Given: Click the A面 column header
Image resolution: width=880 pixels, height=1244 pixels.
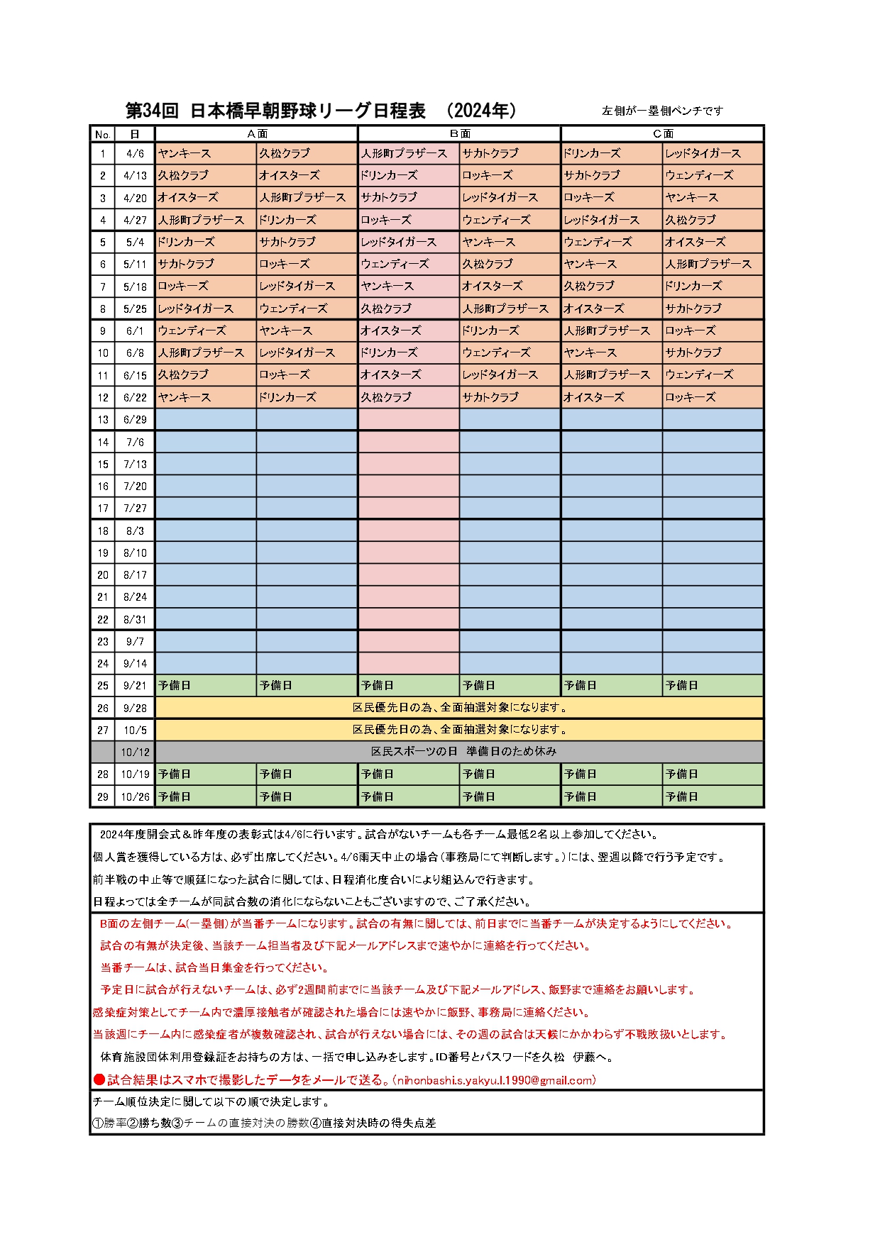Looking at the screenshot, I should point(256,133).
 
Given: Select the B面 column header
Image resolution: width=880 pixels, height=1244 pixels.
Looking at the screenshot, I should point(459,133).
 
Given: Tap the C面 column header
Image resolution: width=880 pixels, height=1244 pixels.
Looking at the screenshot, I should point(662,133).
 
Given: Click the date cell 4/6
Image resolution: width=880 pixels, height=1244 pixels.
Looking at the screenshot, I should point(135,153).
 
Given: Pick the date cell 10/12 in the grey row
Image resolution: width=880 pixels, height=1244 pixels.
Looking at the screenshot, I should point(135,752).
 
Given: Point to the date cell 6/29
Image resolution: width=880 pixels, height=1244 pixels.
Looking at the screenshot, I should point(135,419).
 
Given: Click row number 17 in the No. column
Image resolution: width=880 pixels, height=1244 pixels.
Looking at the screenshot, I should point(103,508).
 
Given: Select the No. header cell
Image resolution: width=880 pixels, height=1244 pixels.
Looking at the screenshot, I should point(103,134).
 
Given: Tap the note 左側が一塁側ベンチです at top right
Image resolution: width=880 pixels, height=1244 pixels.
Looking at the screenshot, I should point(662,111).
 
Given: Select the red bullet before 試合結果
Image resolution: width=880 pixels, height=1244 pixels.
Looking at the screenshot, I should point(99,1080).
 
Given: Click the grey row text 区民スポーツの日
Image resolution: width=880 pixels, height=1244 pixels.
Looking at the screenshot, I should point(414,751).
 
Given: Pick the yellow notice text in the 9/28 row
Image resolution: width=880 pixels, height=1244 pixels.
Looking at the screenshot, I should point(459,707).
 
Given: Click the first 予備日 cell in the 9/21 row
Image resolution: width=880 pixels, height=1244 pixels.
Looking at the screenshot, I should point(175,685).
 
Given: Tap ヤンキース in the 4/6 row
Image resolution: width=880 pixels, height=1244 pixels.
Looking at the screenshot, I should point(185,153).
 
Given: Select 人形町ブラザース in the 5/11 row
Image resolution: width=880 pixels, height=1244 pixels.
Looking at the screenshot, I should point(708,264).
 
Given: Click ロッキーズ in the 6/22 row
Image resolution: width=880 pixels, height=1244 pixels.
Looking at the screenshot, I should point(691,397).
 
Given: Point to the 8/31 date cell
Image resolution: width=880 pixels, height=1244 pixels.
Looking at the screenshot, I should point(135,619).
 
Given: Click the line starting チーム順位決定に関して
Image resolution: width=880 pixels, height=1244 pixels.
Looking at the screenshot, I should point(211,1102).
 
